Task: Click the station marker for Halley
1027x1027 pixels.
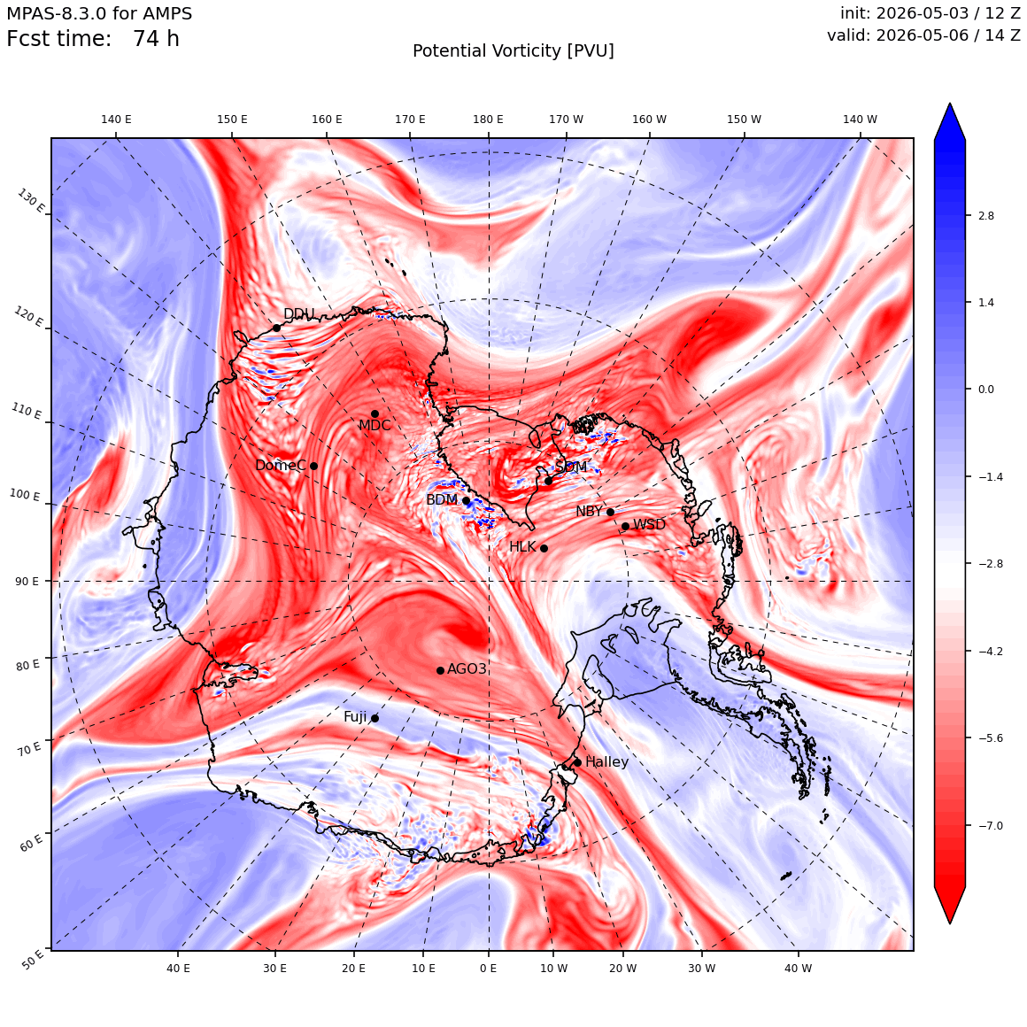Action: pos(577,762)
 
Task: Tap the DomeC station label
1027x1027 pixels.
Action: pos(281,466)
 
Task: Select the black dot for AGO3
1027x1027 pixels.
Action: pos(441,670)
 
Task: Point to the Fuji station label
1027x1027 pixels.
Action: pos(356,717)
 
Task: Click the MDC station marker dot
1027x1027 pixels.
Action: pos(375,414)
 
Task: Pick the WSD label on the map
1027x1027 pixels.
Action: pos(649,525)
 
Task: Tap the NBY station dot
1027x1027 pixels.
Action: pos(610,513)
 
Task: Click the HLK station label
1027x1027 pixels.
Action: pos(522,547)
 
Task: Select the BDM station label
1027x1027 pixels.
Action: pos(442,499)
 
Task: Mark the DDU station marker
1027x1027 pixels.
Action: pos(276,328)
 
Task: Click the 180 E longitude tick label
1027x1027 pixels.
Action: pos(488,120)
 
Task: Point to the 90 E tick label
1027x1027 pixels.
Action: pos(27,582)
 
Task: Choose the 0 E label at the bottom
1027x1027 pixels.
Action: pos(488,969)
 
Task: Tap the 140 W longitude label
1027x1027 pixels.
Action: pos(860,120)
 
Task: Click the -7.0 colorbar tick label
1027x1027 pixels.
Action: pos(991,826)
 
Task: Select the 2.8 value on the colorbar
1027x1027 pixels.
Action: pos(985,216)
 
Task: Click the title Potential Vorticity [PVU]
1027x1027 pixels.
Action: pos(513,51)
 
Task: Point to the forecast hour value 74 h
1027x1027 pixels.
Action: pos(156,39)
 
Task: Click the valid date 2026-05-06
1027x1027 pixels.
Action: pos(923,35)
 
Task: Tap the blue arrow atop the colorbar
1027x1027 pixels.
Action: pos(950,122)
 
